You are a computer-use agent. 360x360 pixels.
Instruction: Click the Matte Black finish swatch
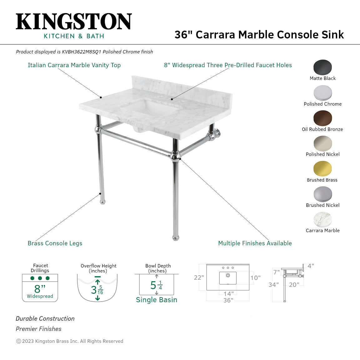pyautogui.click(x=322, y=67)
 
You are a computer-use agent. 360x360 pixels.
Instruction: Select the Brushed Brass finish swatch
pyautogui.click(x=322, y=169)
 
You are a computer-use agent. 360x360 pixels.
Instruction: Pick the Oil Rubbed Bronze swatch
pyautogui.click(x=322, y=118)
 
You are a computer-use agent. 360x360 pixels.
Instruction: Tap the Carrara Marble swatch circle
pyautogui.click(x=322, y=219)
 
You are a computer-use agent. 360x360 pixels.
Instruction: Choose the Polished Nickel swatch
pyautogui.click(x=322, y=143)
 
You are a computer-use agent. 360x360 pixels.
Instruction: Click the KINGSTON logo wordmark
pyautogui.click(x=74, y=22)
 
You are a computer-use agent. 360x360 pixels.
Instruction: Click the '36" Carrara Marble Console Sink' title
pyautogui.click(x=259, y=35)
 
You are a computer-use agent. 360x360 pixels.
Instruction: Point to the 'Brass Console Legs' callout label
pyautogui.click(x=55, y=243)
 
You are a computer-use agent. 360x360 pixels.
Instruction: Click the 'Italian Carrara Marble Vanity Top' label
pyautogui.click(x=74, y=65)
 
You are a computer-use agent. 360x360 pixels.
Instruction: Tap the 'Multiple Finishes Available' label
pyautogui.click(x=255, y=243)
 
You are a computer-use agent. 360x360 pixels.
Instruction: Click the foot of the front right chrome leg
pyautogui.click(x=176, y=237)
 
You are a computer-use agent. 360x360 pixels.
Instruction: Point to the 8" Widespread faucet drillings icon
pyautogui.click(x=40, y=287)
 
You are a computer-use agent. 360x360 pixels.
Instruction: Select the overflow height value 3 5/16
pyautogui.click(x=97, y=290)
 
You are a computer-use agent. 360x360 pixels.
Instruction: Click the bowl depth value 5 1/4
pyautogui.click(x=156, y=285)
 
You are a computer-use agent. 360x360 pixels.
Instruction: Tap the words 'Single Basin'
pyautogui.click(x=156, y=300)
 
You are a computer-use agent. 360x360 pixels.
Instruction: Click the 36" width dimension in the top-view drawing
pyautogui.click(x=228, y=300)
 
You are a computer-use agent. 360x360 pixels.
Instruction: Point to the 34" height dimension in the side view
pyautogui.click(x=273, y=285)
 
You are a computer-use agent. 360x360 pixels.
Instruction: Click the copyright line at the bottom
pyautogui.click(x=70, y=341)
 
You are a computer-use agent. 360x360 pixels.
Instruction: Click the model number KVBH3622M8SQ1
pyautogui.click(x=82, y=52)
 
